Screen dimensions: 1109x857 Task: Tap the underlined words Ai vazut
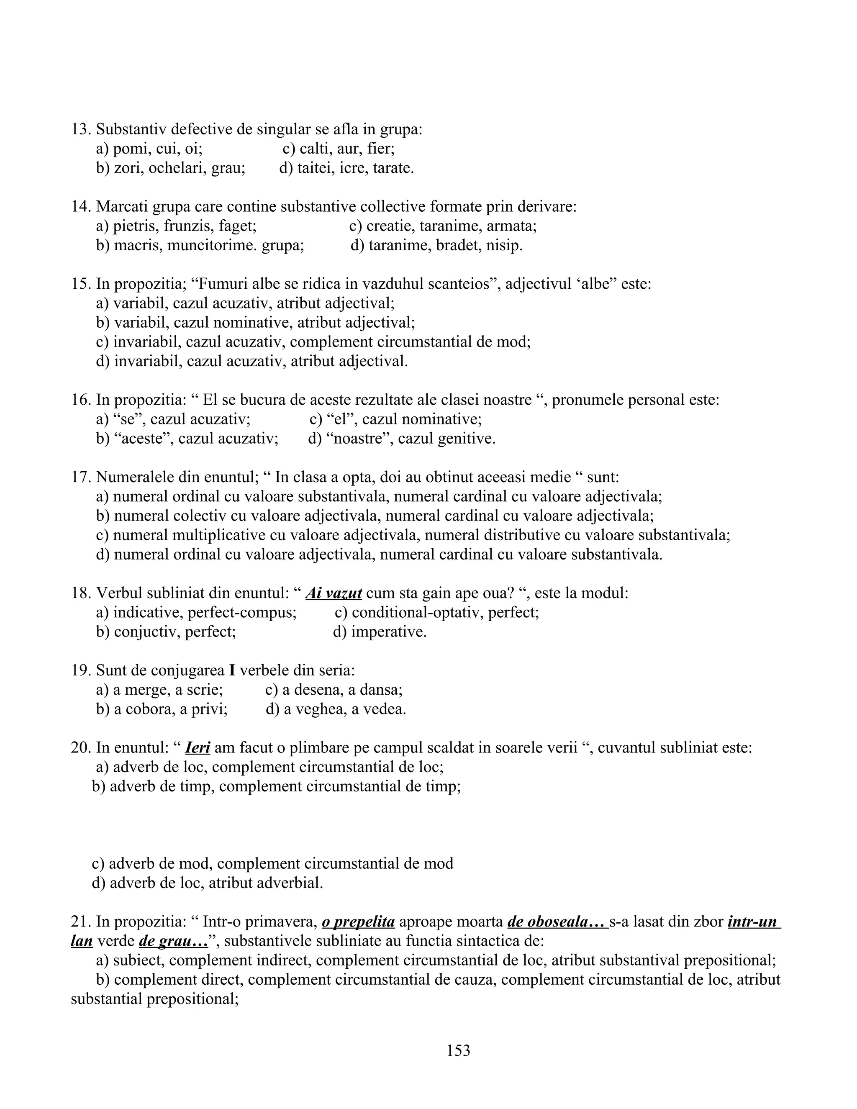point(334,593)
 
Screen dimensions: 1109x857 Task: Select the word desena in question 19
point(319,690)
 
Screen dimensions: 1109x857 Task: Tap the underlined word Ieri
point(198,747)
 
